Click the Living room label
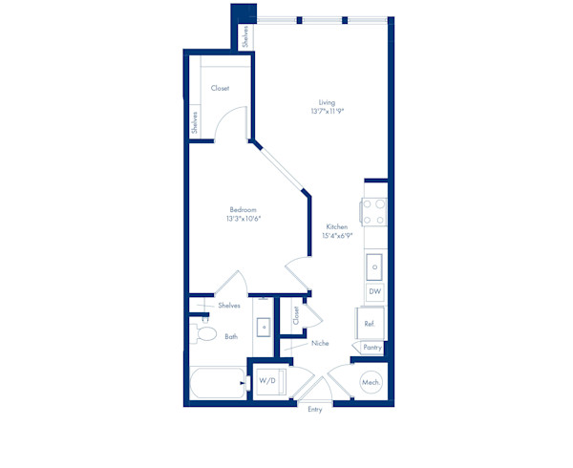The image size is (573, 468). point(327,102)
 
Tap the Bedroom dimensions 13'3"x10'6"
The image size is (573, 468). point(244,219)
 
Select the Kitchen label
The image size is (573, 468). point(337,226)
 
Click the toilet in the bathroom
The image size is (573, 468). point(203,333)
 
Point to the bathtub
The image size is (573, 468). point(218,383)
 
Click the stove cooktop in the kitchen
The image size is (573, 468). point(373,212)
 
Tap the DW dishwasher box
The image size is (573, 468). point(375,291)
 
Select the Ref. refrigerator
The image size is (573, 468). point(370,324)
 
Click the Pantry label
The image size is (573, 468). point(372,347)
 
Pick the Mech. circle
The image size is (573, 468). point(371,382)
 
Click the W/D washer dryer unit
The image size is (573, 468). point(270,382)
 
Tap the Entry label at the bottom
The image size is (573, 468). point(314,409)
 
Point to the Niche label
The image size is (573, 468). point(320,343)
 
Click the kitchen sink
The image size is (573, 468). point(374,267)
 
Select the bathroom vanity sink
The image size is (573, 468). point(264,327)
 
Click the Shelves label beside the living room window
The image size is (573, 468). point(245,36)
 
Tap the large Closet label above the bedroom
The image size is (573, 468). point(220,88)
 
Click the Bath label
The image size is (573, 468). point(231,336)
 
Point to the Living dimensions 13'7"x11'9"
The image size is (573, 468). point(328,111)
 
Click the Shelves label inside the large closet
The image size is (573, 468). point(195,122)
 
